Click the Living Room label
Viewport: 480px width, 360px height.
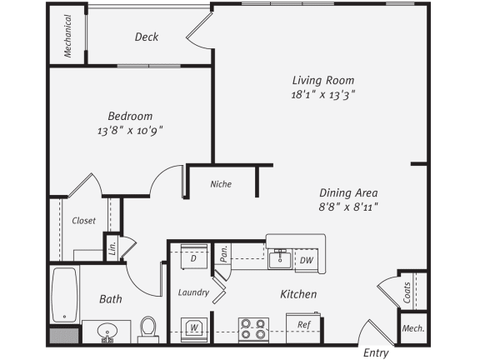(323, 81)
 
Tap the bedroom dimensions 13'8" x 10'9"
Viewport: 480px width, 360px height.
(130, 131)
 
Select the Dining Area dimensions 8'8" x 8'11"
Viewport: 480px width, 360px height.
(348, 207)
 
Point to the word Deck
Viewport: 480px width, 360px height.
(147, 37)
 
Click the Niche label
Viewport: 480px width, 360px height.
(221, 184)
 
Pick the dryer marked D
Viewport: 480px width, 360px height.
(194, 257)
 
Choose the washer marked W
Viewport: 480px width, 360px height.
(194, 329)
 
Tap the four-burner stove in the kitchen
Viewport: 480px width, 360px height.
(253, 329)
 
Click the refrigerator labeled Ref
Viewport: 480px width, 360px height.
(303, 327)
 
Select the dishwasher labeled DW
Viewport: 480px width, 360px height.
(306, 260)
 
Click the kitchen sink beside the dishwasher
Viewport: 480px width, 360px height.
(280, 259)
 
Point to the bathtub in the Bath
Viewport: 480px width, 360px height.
(64, 295)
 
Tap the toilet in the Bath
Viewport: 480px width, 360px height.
(148, 329)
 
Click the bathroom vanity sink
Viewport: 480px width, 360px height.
(107, 332)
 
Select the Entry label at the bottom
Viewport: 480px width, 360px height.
(376, 353)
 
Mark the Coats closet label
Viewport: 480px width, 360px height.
(407, 292)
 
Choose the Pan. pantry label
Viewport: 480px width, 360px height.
(224, 253)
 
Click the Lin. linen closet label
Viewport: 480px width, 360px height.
(112, 247)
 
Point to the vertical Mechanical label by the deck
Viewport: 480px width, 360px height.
(67, 36)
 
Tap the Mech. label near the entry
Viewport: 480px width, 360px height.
(413, 328)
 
